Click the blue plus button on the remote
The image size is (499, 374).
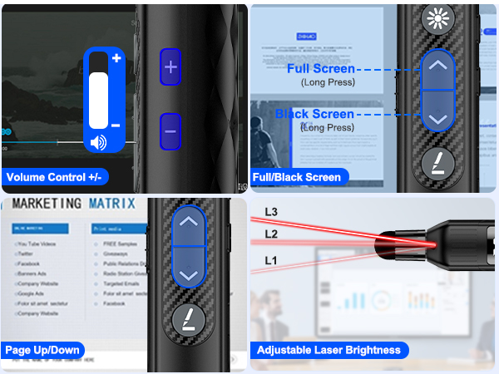[x=170, y=67]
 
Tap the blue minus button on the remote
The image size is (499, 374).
[x=170, y=131]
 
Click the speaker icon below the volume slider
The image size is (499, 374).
[x=99, y=142]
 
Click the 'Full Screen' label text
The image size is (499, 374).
[x=321, y=69]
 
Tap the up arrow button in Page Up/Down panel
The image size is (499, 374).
[x=190, y=223]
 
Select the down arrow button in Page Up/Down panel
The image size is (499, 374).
[x=190, y=273]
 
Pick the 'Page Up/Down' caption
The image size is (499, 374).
[x=42, y=350]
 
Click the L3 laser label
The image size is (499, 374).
[x=270, y=211]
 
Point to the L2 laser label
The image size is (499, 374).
[x=270, y=234]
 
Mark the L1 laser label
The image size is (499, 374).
[x=270, y=261]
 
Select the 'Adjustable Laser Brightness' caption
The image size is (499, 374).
[x=329, y=350]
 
